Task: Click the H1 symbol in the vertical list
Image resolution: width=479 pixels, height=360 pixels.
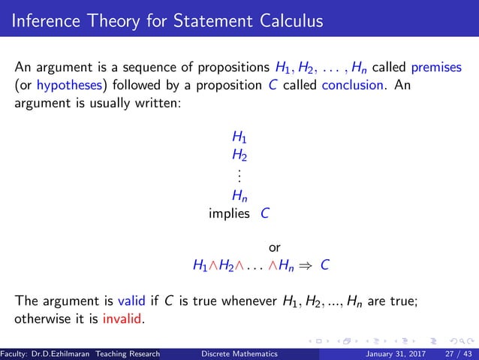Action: [239, 138]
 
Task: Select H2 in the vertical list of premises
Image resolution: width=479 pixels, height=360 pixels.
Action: [239, 156]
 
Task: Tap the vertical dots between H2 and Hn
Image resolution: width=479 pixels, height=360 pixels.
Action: [239, 176]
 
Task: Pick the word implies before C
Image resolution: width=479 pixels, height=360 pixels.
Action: [229, 213]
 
